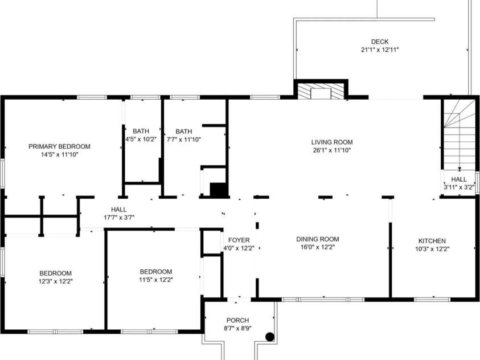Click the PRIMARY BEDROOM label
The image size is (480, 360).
point(59,146)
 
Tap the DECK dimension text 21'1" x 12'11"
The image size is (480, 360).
point(380,50)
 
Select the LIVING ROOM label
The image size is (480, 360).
point(332,142)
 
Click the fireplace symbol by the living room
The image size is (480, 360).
point(321,91)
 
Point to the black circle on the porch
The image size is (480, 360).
point(270,337)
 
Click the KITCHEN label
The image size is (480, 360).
point(432,241)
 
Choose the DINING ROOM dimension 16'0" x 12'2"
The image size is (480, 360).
point(318,247)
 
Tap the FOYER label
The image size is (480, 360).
point(239,240)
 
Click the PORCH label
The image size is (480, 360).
point(237,321)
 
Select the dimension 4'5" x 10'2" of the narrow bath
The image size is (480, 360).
point(141,140)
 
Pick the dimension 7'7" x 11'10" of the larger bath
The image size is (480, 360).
point(184,140)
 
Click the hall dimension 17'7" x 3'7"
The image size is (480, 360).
point(119,218)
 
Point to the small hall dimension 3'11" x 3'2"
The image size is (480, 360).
point(459,187)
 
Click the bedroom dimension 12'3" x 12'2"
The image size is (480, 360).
point(56,281)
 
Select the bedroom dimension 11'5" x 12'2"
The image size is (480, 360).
point(156,280)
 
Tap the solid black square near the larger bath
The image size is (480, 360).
point(218,190)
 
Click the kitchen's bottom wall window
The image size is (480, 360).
point(432,300)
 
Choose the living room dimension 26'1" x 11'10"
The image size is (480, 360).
point(332,150)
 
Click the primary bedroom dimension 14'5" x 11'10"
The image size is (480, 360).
point(60,154)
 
